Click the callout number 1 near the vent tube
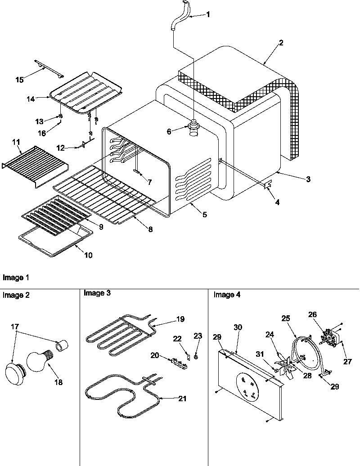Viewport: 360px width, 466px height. (x=207, y=14)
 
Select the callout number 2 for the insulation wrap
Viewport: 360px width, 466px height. (x=281, y=43)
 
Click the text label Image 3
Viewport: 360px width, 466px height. (x=97, y=293)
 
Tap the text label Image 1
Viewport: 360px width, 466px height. (x=13, y=278)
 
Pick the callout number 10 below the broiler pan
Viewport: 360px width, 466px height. (x=88, y=255)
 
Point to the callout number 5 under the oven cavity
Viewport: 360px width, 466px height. (x=205, y=215)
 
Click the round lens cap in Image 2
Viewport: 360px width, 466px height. (x=13, y=373)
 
